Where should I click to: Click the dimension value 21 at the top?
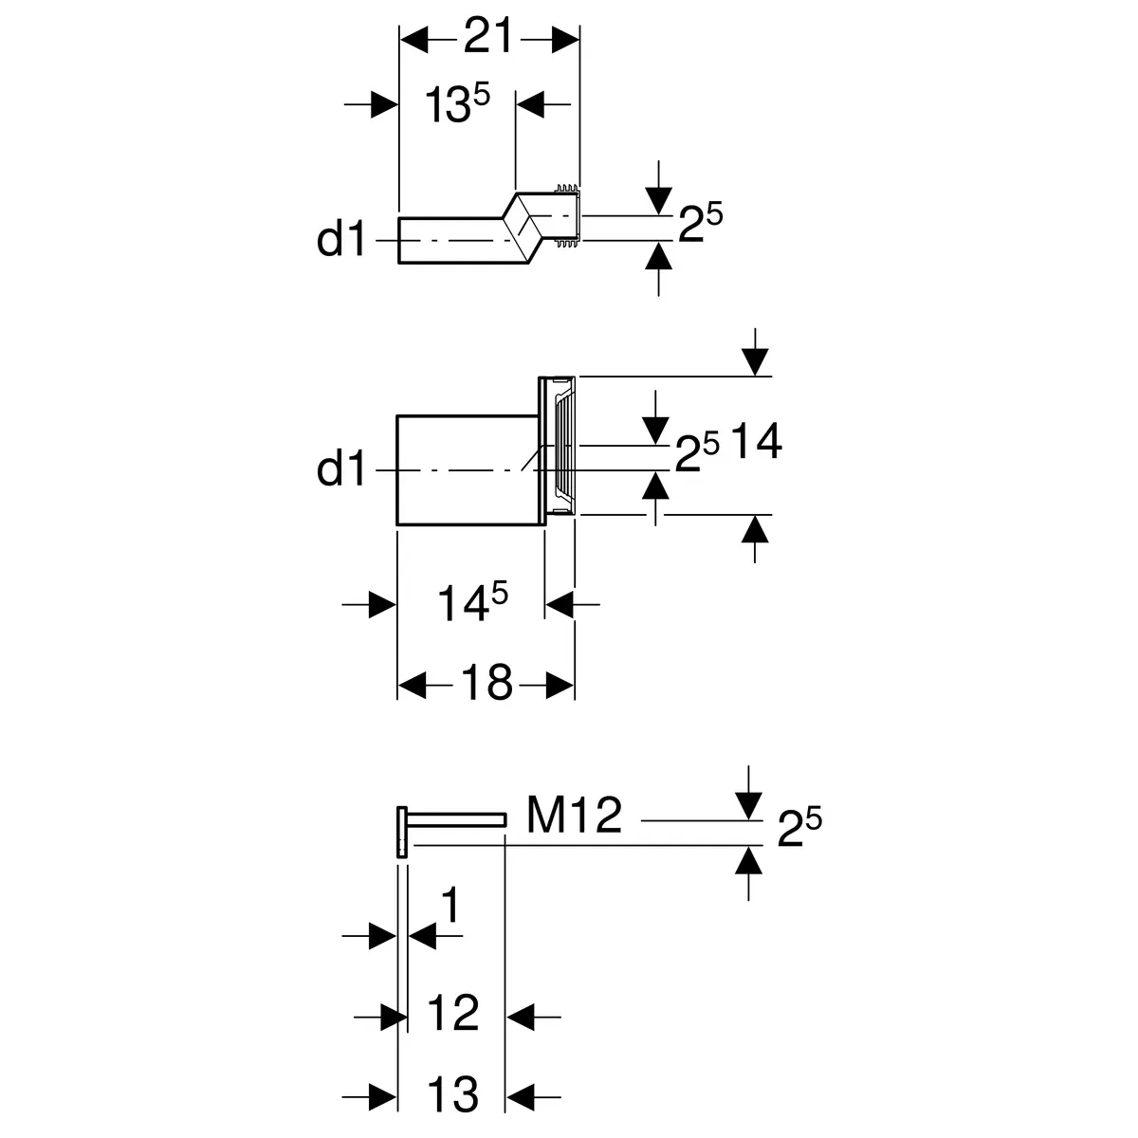[x=488, y=37]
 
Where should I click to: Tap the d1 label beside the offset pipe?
[x=340, y=240]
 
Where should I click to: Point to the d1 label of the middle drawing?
[x=340, y=468]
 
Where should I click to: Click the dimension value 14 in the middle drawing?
[x=755, y=442]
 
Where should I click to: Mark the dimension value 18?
[x=486, y=682]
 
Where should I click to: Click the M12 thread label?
[x=574, y=815]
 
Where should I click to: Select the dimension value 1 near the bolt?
[x=450, y=908]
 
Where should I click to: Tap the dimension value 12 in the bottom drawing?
[x=453, y=1016]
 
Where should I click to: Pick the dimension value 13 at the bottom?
[x=453, y=1093]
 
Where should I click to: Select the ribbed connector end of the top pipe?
[x=566, y=218]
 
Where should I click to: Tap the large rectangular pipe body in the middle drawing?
[x=465, y=469]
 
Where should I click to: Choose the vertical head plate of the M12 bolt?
[x=400, y=832]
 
